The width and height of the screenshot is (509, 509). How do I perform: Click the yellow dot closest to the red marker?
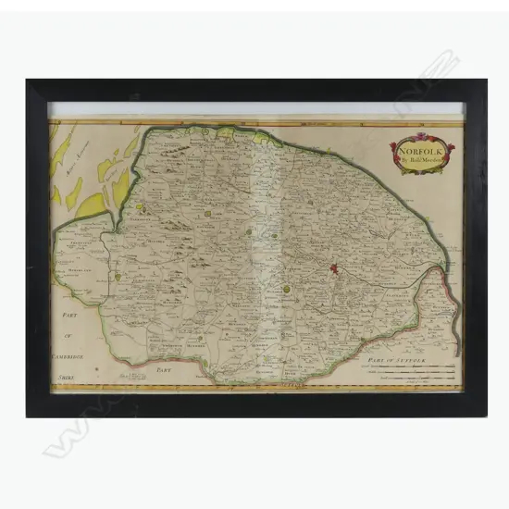coord(288,289)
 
